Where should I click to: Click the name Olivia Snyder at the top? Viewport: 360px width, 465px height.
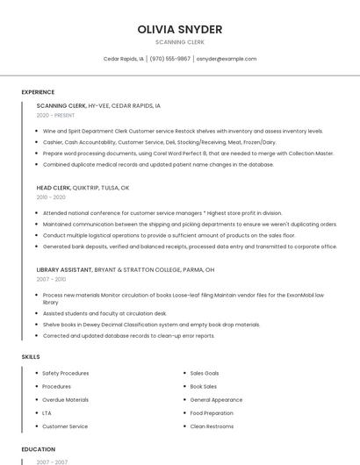coord(180,29)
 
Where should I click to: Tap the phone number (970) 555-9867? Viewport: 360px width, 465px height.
coord(169,59)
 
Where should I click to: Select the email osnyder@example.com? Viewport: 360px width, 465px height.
coord(227,59)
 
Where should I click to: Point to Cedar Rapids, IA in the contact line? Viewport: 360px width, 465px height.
coord(124,59)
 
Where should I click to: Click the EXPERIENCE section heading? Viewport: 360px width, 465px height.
coord(38,92)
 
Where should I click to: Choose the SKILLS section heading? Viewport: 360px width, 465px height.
coord(31,357)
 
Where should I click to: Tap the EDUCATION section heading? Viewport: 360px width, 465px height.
coord(39,449)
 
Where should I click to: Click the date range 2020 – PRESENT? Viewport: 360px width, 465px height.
coord(55,115)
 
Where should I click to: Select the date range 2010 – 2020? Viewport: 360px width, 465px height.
coord(51,197)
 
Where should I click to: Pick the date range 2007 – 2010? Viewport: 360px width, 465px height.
coord(51,279)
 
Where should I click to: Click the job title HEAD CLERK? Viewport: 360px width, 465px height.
coord(53,188)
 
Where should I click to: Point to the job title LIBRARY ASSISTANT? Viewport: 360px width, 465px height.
coord(63,269)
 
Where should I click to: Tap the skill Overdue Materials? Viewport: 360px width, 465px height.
coord(65,399)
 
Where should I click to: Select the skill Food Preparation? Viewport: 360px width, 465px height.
coord(212,412)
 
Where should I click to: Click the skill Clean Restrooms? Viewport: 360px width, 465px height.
coord(212,426)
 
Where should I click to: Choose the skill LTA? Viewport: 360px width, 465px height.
coord(47,412)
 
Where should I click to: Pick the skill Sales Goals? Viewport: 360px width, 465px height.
coord(205,373)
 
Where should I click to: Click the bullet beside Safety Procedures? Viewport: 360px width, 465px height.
coord(36,373)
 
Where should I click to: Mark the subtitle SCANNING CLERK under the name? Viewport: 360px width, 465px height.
coord(180,42)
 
